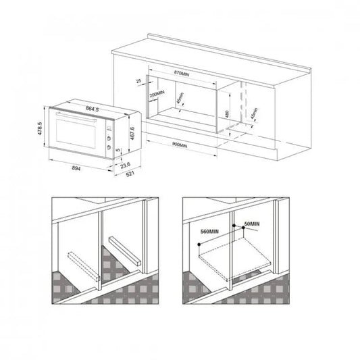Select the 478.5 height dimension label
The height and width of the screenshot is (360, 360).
tap(40, 128)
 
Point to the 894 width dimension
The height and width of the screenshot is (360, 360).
tap(77, 168)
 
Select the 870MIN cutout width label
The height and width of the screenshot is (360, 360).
tap(182, 72)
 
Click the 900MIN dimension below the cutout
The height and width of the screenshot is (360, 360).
tap(180, 145)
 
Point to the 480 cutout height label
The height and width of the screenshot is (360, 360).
tap(228, 115)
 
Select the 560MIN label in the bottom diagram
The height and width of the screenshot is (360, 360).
tap(210, 231)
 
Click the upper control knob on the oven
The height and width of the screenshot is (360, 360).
tap(108, 134)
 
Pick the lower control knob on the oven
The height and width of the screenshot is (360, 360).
tap(108, 143)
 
